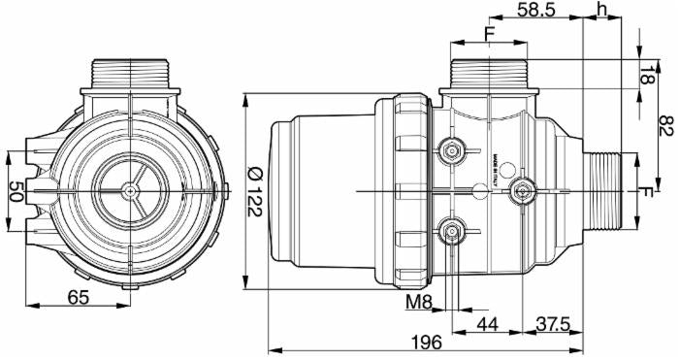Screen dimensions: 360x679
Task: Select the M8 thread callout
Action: point(419,302)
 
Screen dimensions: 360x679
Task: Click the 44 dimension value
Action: point(486,322)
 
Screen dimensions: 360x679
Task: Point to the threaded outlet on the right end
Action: point(607,191)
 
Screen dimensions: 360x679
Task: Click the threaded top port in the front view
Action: point(131,73)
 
